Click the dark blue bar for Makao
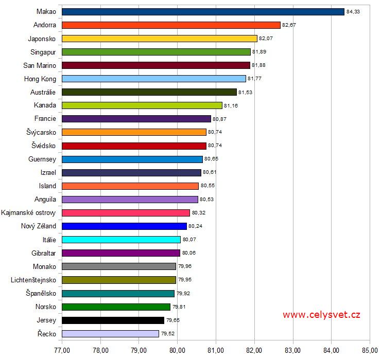203,12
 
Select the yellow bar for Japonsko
159,39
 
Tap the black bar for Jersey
113,320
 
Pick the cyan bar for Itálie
121,240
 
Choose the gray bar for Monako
118,266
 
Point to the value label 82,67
289,25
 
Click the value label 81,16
231,105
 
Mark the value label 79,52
167,333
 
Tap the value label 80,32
198,212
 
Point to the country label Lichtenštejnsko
33,280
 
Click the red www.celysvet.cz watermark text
321,315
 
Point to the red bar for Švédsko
134,146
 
